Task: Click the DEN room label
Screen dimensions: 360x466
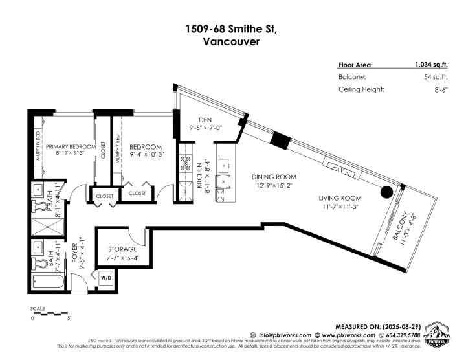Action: (205, 119)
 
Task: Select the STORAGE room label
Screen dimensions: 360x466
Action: (122, 249)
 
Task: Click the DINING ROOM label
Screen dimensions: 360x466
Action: (274, 177)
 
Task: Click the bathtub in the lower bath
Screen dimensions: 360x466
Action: (49, 281)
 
